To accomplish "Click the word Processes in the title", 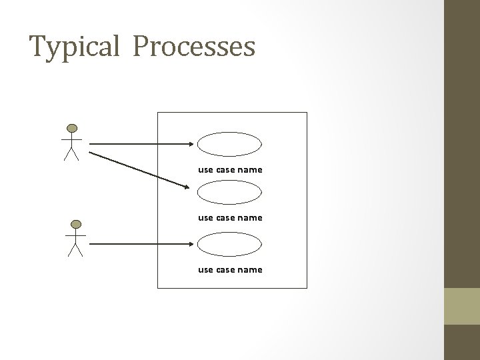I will [x=194, y=47].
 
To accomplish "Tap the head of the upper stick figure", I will [x=71, y=128].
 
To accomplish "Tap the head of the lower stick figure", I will [x=77, y=224].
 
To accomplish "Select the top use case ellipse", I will [x=230, y=143].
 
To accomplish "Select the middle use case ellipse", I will [x=230, y=192].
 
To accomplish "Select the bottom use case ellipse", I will [x=230, y=244].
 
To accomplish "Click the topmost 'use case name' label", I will [x=230, y=170].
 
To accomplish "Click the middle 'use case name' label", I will [x=230, y=217].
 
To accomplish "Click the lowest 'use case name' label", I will [x=230, y=270].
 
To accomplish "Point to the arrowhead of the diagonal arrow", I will [x=187, y=186].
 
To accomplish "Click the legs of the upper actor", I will [x=71, y=154].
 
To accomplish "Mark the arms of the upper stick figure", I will [x=71, y=140].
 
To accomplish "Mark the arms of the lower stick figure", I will [x=77, y=236].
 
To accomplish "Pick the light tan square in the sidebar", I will [x=462, y=306].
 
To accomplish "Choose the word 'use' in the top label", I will [x=205, y=170].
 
